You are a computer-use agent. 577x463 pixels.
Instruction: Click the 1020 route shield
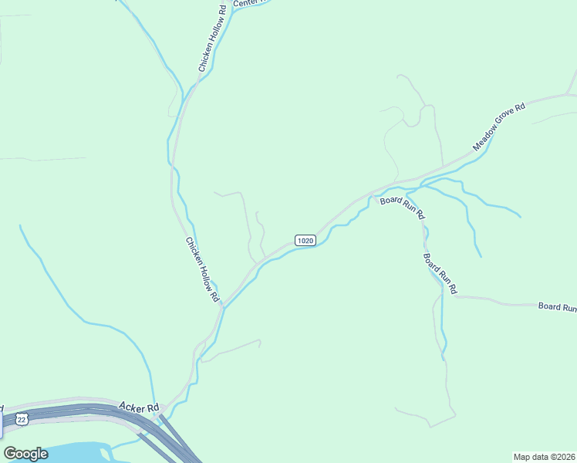pos(305,241)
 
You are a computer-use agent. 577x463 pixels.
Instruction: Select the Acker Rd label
pos(139,407)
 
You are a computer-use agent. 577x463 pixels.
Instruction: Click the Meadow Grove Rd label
pos(498,127)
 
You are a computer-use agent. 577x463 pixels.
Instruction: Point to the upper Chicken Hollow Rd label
pos(212,39)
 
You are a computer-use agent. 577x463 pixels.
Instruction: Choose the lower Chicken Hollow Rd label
pos(203,269)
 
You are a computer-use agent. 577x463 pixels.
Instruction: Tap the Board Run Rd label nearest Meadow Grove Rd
pos(402,206)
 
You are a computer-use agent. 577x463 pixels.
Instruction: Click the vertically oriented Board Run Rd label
pos(440,273)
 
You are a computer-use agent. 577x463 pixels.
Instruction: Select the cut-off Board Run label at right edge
pos(557,306)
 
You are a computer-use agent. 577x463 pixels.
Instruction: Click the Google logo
pos(25,454)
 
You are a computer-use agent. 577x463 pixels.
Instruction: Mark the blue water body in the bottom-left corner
pos(69,451)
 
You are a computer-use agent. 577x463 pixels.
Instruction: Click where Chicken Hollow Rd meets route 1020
pos(223,306)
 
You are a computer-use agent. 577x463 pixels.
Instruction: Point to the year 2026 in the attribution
pos(565,456)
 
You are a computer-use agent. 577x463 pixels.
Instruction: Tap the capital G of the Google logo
pos(10,454)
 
